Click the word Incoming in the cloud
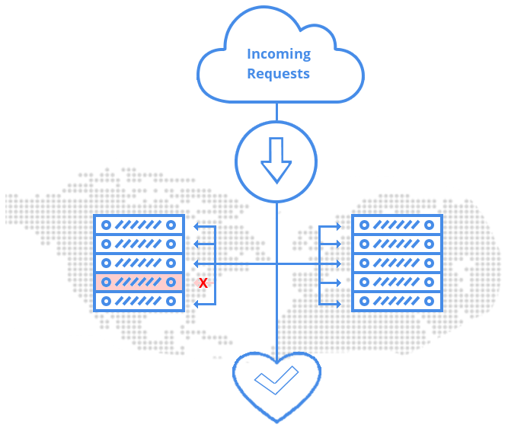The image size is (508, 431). (x=279, y=54)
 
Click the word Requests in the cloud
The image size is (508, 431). (x=279, y=74)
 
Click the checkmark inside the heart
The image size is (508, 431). (x=275, y=382)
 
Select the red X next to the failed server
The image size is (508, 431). (x=203, y=283)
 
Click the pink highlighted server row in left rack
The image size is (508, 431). (x=139, y=283)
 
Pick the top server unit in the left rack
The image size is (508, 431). (x=139, y=225)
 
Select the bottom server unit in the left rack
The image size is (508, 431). (x=139, y=302)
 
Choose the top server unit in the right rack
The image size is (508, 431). (x=397, y=225)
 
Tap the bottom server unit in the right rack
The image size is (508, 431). (x=397, y=302)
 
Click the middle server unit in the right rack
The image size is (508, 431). (x=397, y=263)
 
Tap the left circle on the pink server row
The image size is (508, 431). (x=107, y=283)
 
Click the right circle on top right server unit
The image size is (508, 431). (x=430, y=225)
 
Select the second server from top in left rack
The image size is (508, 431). (x=139, y=244)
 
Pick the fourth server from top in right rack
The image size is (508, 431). (x=397, y=283)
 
